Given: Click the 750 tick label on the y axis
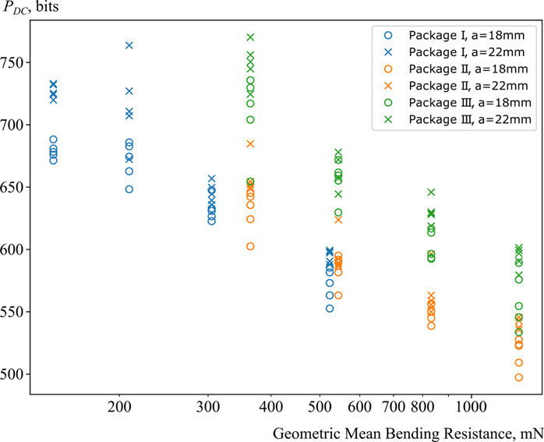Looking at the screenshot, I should click(x=16, y=62).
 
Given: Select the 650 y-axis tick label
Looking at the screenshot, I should click(x=16, y=187).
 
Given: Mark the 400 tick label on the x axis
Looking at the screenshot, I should click(x=270, y=407).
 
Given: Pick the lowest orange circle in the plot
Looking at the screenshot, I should click(x=518, y=377).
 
